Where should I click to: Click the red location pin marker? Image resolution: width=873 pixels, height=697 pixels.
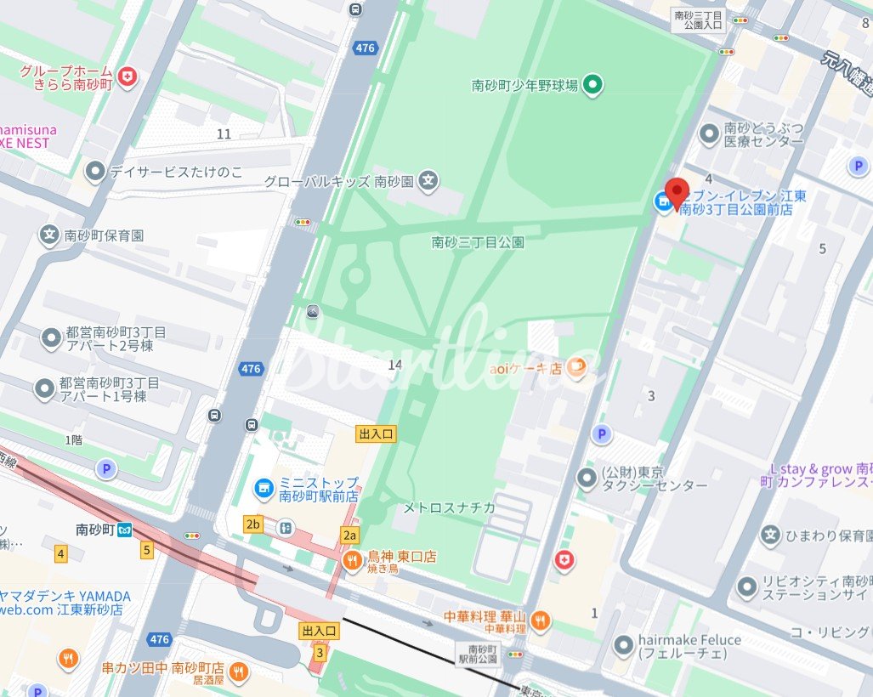(677, 193)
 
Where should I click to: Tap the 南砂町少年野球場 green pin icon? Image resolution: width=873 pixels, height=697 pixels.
(594, 84)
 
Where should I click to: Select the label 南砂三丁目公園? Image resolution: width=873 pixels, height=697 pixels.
(478, 242)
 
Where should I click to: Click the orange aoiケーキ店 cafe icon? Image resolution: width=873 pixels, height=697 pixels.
(576, 367)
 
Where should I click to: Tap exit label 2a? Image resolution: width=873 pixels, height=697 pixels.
(349, 535)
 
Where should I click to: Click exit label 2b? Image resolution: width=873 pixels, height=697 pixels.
(252, 524)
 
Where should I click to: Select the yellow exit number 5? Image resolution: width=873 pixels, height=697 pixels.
(147, 550)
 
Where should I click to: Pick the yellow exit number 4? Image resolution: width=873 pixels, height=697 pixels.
(60, 554)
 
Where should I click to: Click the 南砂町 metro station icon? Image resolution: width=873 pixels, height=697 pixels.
(125, 529)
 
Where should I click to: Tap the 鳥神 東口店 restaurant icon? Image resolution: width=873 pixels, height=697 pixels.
(352, 558)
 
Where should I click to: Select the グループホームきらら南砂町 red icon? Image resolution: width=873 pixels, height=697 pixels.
(128, 77)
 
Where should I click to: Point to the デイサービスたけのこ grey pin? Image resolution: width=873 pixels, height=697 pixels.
(95, 173)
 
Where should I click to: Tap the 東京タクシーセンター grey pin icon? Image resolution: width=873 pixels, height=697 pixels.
(587, 479)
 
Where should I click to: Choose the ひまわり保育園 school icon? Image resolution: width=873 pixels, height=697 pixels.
(771, 535)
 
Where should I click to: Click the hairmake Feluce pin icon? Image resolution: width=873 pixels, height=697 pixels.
(625, 646)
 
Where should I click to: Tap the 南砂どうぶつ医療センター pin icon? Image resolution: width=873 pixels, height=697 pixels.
(709, 133)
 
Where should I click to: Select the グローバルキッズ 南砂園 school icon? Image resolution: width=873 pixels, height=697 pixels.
(430, 180)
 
